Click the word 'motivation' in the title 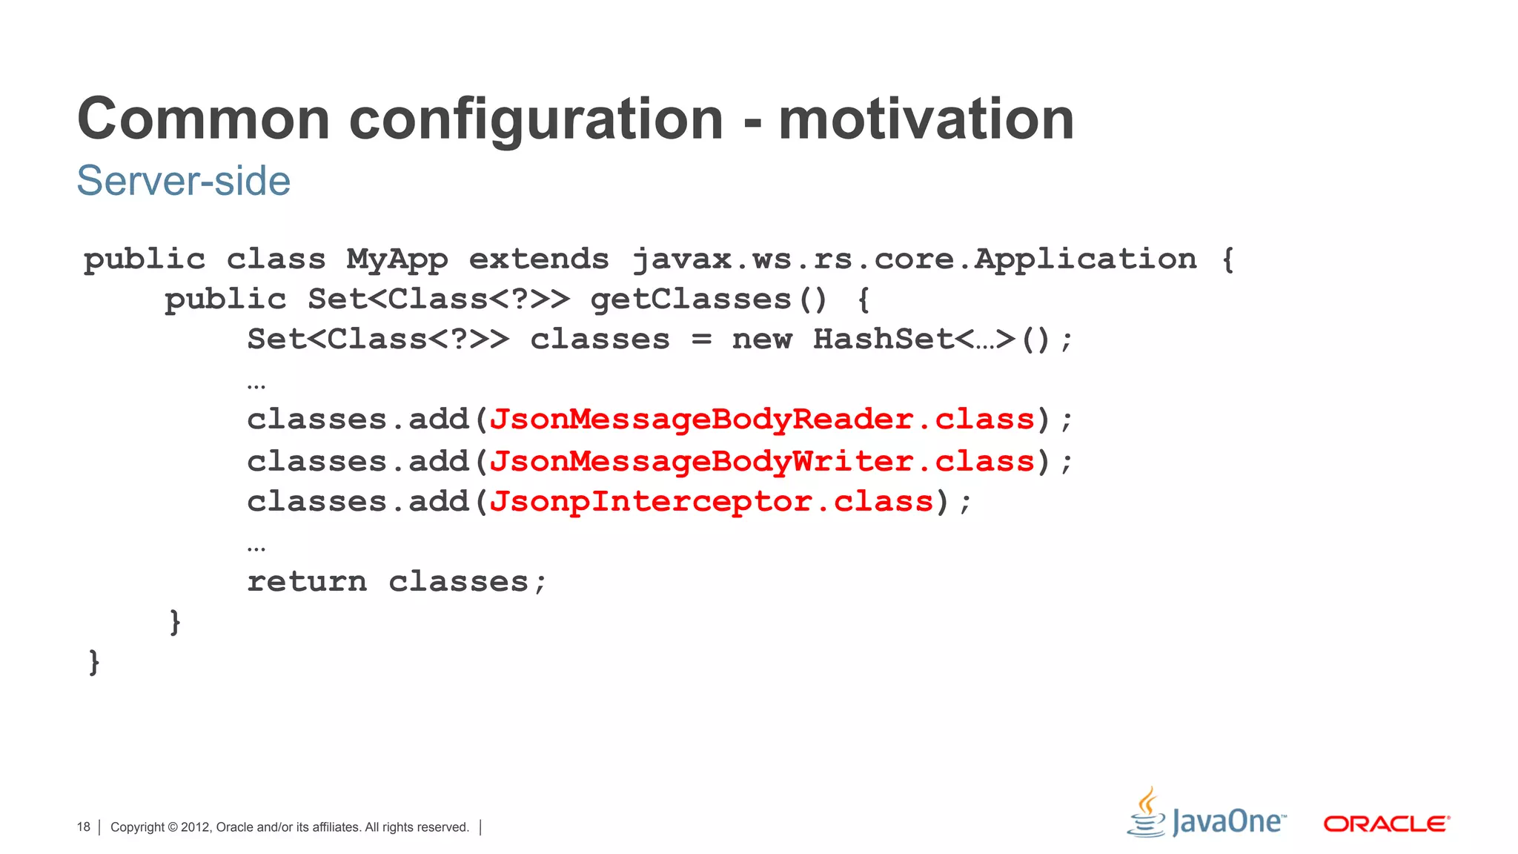[926, 119]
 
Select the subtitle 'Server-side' [184, 181]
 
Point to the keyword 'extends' [539, 259]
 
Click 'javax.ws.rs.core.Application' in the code [915, 259]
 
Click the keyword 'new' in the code [762, 340]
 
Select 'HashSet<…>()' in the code [941, 340]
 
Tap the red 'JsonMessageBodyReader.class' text [762, 420]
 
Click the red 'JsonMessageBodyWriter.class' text [762, 462]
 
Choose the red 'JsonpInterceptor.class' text [712, 502]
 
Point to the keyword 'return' [307, 582]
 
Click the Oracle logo [1386, 824]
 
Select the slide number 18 [83, 827]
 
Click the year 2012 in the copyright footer [196, 827]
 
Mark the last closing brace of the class [94, 662]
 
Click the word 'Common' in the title [204, 119]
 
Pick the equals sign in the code [701, 340]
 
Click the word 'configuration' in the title [536, 119]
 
